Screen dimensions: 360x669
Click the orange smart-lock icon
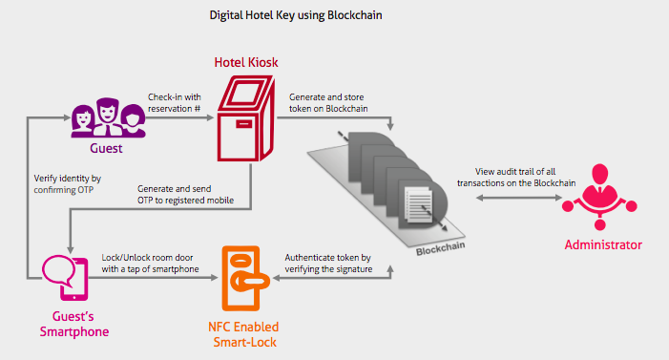[x=239, y=277]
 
